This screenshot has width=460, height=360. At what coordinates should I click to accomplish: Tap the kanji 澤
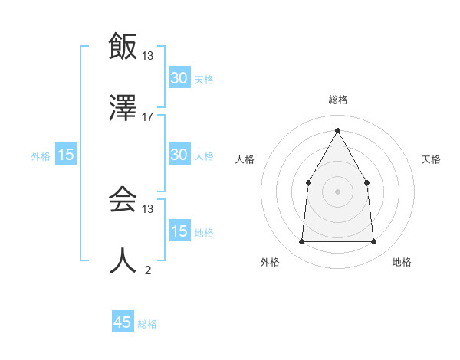tap(123, 108)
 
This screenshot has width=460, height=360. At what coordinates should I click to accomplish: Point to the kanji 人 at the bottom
tap(123, 261)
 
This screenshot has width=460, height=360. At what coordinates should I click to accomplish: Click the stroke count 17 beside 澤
tap(148, 117)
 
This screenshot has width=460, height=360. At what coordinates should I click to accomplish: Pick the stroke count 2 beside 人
tap(148, 270)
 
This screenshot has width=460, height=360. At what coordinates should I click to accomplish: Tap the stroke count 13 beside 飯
tap(148, 55)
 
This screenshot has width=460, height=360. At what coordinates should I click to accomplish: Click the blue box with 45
tap(123, 322)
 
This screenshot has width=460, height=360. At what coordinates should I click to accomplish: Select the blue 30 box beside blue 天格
tap(179, 78)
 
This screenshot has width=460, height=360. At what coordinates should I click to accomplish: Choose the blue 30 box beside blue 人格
tap(179, 155)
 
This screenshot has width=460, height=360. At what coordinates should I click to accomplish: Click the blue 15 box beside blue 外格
tap(66, 155)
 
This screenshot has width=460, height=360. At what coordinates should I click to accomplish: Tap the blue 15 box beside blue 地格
tap(179, 231)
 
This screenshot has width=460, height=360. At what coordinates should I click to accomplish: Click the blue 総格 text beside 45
tap(147, 324)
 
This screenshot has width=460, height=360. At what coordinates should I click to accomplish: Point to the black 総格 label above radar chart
tap(337, 100)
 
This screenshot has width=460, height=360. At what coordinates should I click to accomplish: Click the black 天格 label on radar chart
tap(431, 159)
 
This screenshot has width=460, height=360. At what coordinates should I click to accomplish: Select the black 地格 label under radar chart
tap(402, 262)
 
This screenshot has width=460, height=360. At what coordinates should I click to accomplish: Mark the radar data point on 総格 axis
tap(337, 130)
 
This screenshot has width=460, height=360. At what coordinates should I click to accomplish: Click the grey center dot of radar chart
tap(337, 191)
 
